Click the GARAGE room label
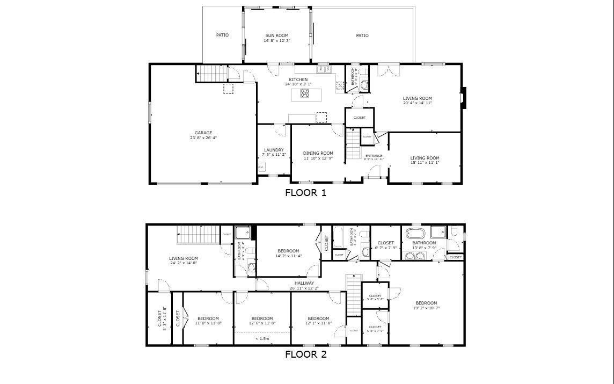point(203,133)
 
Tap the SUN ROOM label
point(277,35)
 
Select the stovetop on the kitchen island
point(305,94)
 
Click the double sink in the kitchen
point(323,69)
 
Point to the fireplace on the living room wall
point(464,98)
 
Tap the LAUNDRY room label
point(274,150)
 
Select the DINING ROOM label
point(318,153)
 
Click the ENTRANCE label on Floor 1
point(374,156)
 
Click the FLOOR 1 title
point(305,192)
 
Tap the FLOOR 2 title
point(305,354)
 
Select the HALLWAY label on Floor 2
point(304,283)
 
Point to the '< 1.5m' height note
point(262,339)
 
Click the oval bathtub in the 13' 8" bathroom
point(415,234)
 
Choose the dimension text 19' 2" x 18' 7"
point(425,308)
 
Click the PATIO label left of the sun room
point(222,35)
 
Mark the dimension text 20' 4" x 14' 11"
point(418,103)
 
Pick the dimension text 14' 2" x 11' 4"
point(288,256)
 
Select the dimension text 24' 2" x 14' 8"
point(184,263)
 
